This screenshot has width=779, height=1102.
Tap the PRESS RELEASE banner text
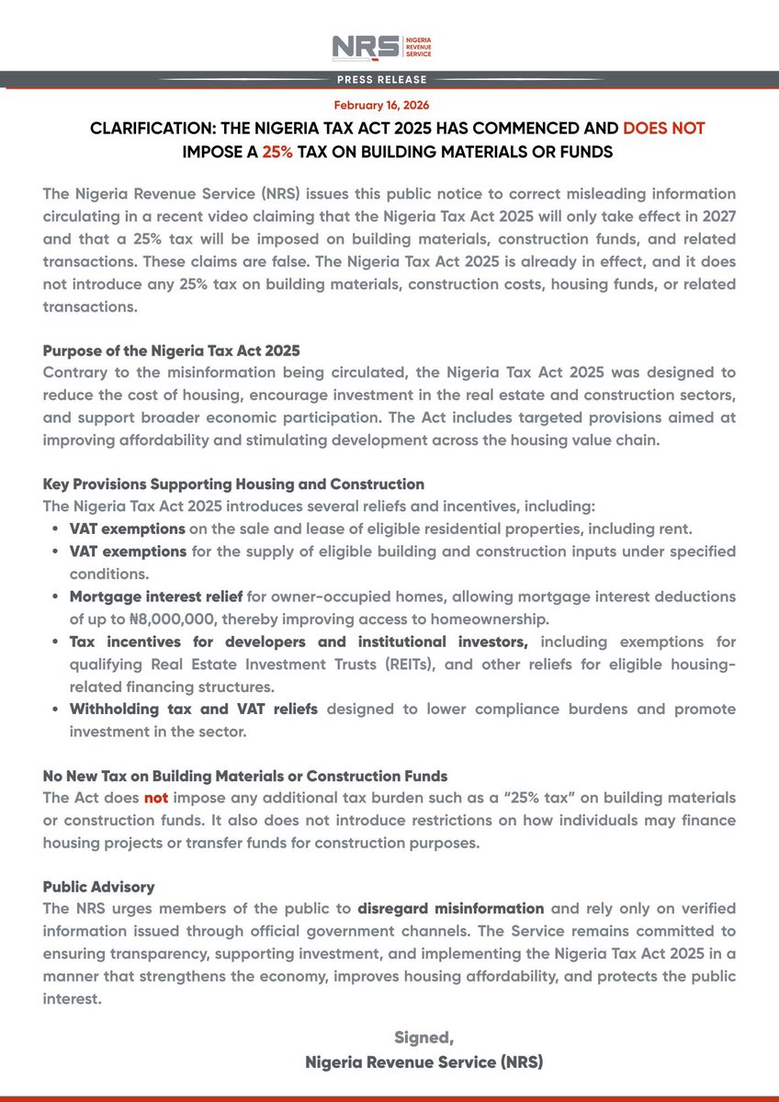pyautogui.click(x=389, y=80)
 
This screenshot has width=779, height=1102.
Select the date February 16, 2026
pyautogui.click(x=381, y=106)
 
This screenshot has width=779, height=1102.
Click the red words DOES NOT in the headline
pyautogui.click(x=663, y=129)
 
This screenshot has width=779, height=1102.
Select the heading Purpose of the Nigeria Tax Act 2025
pyautogui.click(x=171, y=351)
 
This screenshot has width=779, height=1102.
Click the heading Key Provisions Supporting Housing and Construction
pyautogui.click(x=233, y=483)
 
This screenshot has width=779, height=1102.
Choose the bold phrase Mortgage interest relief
pyautogui.click(x=156, y=596)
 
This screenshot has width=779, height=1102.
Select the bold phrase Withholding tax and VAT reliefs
pyautogui.click(x=193, y=710)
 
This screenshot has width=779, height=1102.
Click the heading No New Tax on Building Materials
pyautogui.click(x=245, y=776)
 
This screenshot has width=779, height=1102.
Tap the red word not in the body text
pyautogui.click(x=155, y=798)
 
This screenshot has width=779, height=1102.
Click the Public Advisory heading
pyautogui.click(x=98, y=887)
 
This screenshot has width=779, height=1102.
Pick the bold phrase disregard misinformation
pyautogui.click(x=450, y=909)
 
